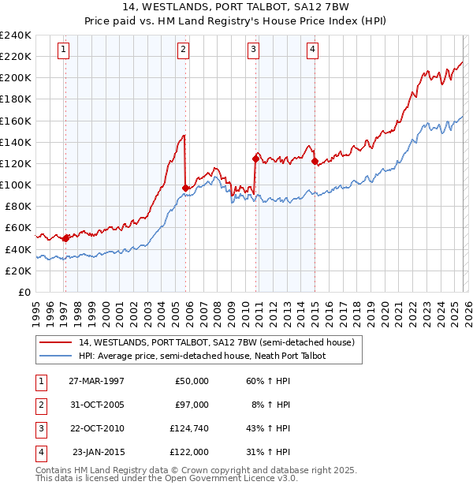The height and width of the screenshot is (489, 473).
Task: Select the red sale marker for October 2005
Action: tap(185, 188)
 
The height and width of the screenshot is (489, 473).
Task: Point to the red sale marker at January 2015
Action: tap(315, 162)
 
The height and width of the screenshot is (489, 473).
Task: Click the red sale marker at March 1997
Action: tap(65, 238)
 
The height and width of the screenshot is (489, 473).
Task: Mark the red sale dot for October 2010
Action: tap(255, 159)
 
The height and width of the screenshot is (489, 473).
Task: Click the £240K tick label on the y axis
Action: tap(16, 35)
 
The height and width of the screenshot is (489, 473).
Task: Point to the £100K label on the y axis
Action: tap(16, 185)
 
